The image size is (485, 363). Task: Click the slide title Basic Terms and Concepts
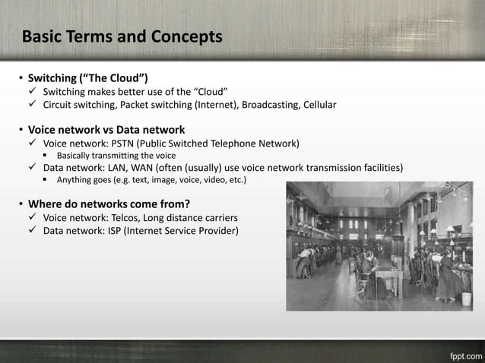coord(122,36)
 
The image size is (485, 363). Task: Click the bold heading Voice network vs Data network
coord(106,129)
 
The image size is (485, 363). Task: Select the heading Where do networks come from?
coord(109,204)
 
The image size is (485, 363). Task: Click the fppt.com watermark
coord(461,354)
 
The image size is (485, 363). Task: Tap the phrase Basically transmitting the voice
coord(116,155)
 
